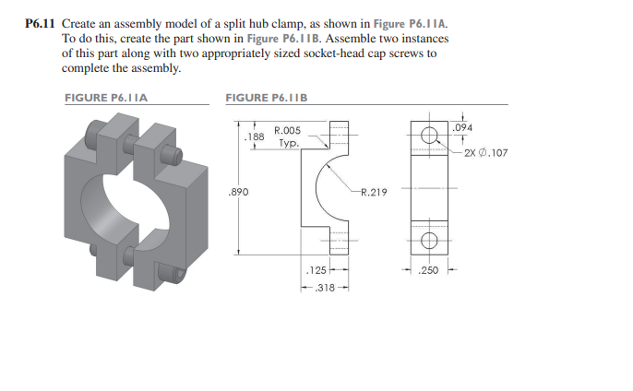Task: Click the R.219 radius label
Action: click(373, 193)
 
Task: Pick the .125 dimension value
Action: click(316, 271)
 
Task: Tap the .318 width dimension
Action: click(324, 288)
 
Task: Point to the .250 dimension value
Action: click(429, 271)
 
